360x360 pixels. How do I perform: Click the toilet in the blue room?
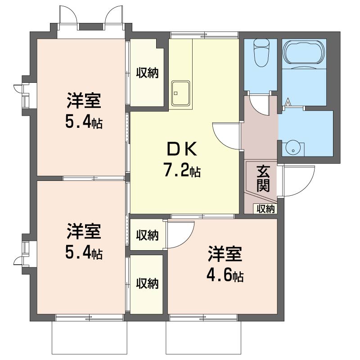click(x=261, y=53)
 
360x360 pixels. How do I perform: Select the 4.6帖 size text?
click(x=225, y=275)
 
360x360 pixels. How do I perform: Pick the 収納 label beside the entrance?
click(x=265, y=208)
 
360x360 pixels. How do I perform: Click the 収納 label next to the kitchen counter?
click(x=148, y=72)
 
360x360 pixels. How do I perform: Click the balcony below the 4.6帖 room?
click(x=201, y=337)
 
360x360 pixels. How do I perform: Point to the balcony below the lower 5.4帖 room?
click(x=88, y=337)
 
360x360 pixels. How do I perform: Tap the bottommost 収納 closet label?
click(x=148, y=283)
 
